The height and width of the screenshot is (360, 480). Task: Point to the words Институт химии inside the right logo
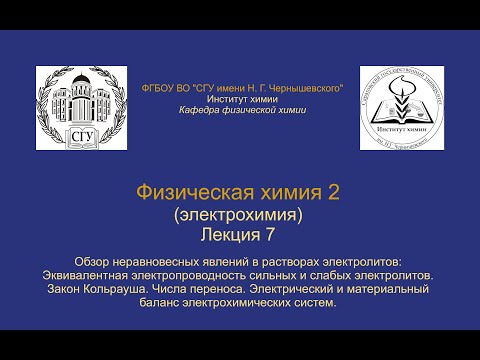(401, 130)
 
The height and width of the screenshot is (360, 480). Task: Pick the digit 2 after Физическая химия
(334, 194)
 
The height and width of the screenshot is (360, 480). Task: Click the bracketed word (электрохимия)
(239, 213)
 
